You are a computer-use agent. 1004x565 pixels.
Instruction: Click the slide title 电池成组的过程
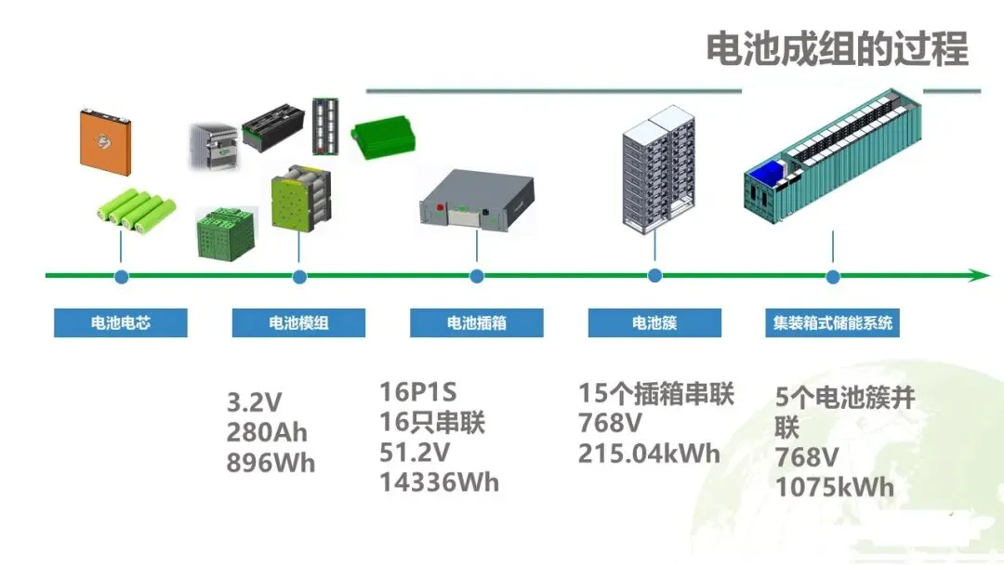point(837,48)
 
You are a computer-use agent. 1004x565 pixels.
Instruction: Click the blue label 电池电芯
point(121,323)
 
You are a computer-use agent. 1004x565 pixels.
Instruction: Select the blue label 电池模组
point(298,323)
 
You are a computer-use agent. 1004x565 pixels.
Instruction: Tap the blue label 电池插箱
point(477,323)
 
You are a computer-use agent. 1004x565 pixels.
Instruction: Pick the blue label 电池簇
point(654,323)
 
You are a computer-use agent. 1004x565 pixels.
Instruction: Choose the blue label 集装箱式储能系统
point(832,323)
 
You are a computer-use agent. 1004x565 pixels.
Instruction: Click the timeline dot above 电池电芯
point(121,276)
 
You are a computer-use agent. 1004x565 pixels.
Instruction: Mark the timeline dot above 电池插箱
point(477,276)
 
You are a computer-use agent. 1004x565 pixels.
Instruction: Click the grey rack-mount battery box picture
point(477,198)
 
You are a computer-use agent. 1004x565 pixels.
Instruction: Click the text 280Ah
point(267,432)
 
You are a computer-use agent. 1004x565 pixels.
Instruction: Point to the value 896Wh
point(271,463)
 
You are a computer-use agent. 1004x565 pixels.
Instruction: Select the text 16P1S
point(418,391)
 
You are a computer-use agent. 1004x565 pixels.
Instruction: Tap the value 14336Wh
point(439,482)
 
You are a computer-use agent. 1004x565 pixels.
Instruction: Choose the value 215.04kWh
point(649,453)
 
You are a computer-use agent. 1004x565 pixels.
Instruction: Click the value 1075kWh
point(835,487)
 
